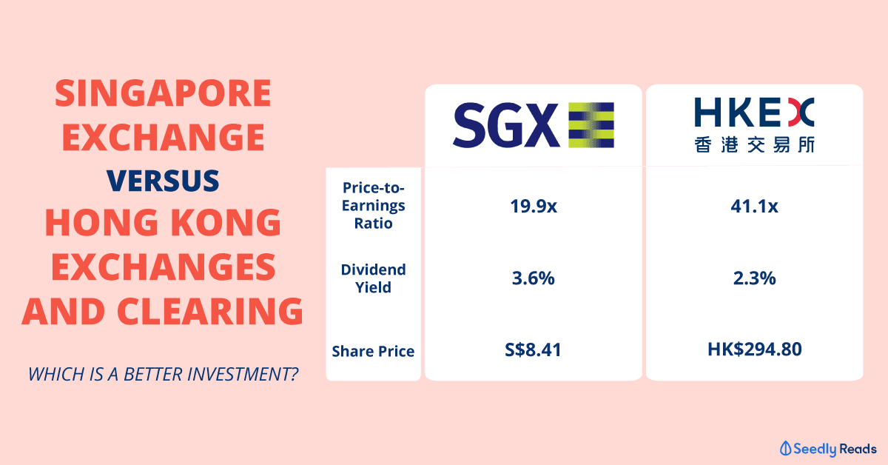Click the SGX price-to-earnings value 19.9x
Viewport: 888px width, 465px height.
[x=534, y=207]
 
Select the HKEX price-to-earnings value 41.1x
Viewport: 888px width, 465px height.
[x=754, y=207]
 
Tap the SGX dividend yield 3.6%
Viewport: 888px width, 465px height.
[x=534, y=278]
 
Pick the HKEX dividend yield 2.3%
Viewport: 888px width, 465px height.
[x=754, y=278]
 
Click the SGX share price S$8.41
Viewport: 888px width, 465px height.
[x=533, y=350]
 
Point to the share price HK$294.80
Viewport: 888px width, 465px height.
[x=754, y=349]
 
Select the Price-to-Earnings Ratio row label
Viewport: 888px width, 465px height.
[x=374, y=206]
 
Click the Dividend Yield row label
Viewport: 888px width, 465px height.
[x=374, y=278]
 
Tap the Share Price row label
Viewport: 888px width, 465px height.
[x=373, y=351]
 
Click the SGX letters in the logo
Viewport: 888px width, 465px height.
[x=506, y=125]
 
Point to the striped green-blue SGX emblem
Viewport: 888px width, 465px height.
[x=591, y=125]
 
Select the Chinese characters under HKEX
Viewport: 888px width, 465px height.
[x=754, y=144]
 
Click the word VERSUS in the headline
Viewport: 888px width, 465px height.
[x=163, y=181]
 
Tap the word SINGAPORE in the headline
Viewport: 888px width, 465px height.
[x=163, y=93]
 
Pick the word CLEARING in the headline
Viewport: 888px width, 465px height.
[x=210, y=311]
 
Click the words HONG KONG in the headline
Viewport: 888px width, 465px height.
[x=163, y=222]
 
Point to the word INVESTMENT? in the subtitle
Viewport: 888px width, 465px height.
[x=243, y=374]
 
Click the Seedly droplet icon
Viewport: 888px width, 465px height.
[x=785, y=449]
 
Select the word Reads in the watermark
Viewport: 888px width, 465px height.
[x=858, y=449]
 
